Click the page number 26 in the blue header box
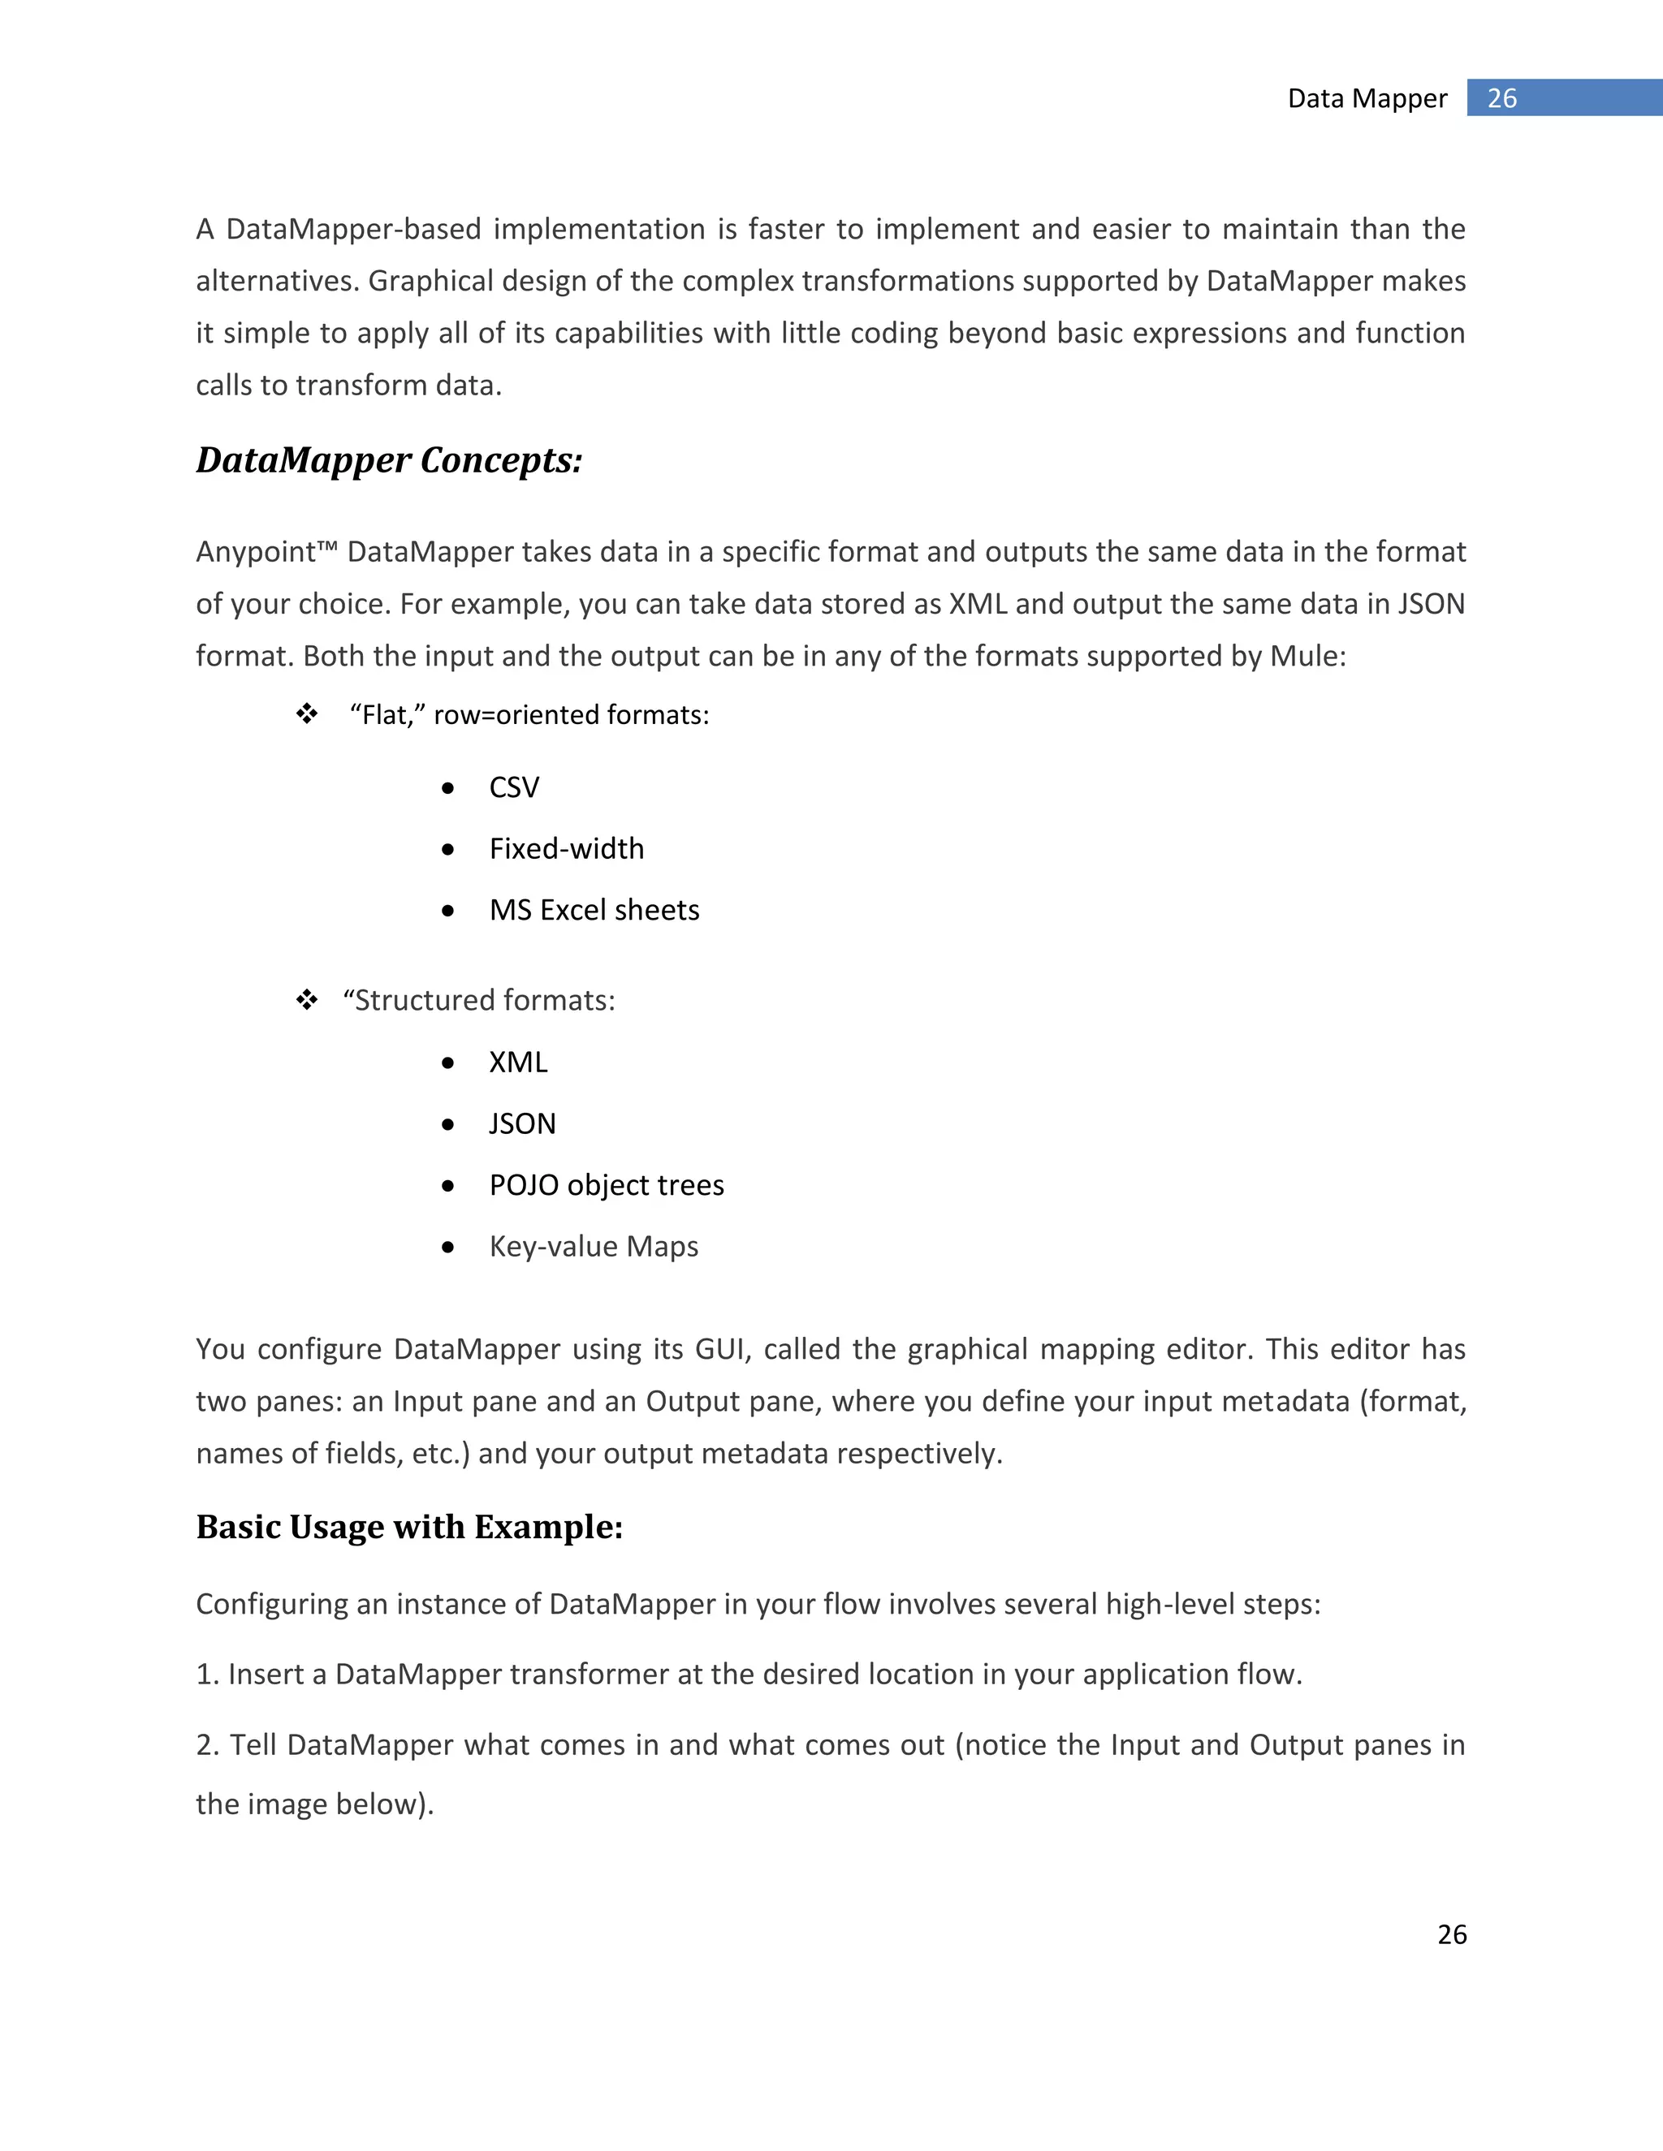point(1501,98)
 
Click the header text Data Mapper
point(1367,98)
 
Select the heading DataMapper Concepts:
point(389,460)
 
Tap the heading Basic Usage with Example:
point(409,1527)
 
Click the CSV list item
point(514,788)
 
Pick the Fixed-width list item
point(567,849)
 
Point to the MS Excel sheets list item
point(594,910)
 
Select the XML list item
point(518,1063)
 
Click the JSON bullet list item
point(522,1123)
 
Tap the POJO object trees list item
point(606,1185)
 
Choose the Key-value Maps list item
point(593,1247)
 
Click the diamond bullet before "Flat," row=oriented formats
point(308,714)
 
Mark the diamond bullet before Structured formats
point(308,1001)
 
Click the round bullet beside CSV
point(448,789)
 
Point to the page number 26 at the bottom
point(1451,1934)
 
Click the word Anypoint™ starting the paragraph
point(267,551)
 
